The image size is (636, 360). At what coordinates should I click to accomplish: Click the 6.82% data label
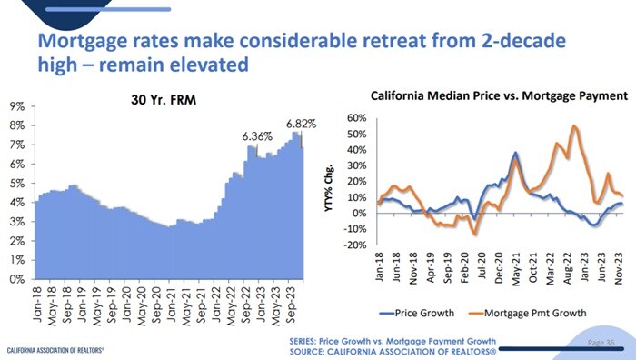(x=301, y=123)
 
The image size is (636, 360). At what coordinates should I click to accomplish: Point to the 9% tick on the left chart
(x=16, y=106)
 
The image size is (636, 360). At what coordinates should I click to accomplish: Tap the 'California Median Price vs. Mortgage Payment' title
(x=499, y=95)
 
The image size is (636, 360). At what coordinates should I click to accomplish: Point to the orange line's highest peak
(x=574, y=126)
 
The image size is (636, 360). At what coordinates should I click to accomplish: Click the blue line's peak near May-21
(x=515, y=153)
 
